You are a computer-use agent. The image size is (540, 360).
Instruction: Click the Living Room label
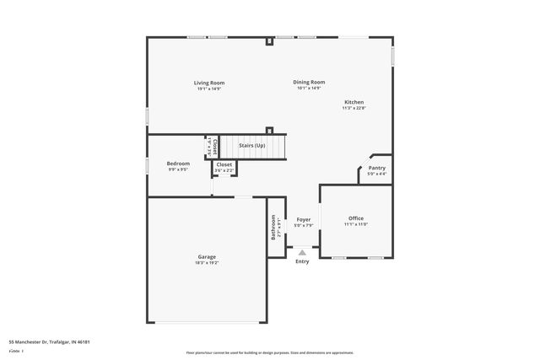(208, 83)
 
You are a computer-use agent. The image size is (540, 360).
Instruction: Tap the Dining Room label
(309, 82)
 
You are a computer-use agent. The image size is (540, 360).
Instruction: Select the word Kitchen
(353, 102)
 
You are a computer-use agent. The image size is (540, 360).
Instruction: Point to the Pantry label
(376, 168)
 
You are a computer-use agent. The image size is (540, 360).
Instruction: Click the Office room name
(355, 218)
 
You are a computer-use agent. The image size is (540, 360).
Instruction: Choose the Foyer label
(303, 219)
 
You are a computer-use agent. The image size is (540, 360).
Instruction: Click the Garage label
(207, 256)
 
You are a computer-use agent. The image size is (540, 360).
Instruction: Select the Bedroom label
(178, 164)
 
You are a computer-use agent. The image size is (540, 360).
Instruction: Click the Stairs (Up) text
(251, 146)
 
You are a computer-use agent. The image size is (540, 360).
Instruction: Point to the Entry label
(302, 261)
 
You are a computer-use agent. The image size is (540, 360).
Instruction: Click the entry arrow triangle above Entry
(302, 251)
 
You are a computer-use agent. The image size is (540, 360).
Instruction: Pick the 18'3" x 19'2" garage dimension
(207, 262)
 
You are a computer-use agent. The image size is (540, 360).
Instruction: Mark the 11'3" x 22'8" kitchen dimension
(353, 108)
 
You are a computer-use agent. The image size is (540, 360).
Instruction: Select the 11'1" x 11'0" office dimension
(355, 224)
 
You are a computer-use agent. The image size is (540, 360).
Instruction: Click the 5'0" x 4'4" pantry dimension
(376, 174)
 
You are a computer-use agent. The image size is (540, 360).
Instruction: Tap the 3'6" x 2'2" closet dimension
(224, 170)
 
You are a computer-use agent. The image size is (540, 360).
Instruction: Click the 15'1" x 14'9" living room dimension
(208, 89)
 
